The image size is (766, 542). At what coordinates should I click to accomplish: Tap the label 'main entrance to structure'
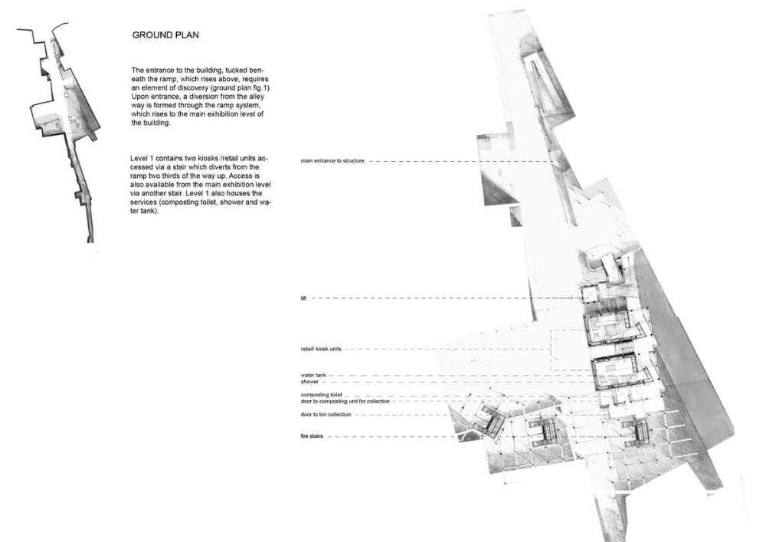coord(332,161)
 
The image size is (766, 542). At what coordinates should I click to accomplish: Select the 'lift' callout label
coord(304,297)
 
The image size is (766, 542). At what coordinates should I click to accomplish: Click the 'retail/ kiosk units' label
coord(321,349)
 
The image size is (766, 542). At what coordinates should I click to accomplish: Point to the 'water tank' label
coord(314,375)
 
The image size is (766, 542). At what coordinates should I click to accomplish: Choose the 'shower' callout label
coord(309,381)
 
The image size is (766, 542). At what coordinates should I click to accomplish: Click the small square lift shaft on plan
coord(591,295)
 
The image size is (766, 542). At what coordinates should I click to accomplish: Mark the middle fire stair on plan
coord(548,434)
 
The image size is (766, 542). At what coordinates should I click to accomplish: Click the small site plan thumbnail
coord(64,134)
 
